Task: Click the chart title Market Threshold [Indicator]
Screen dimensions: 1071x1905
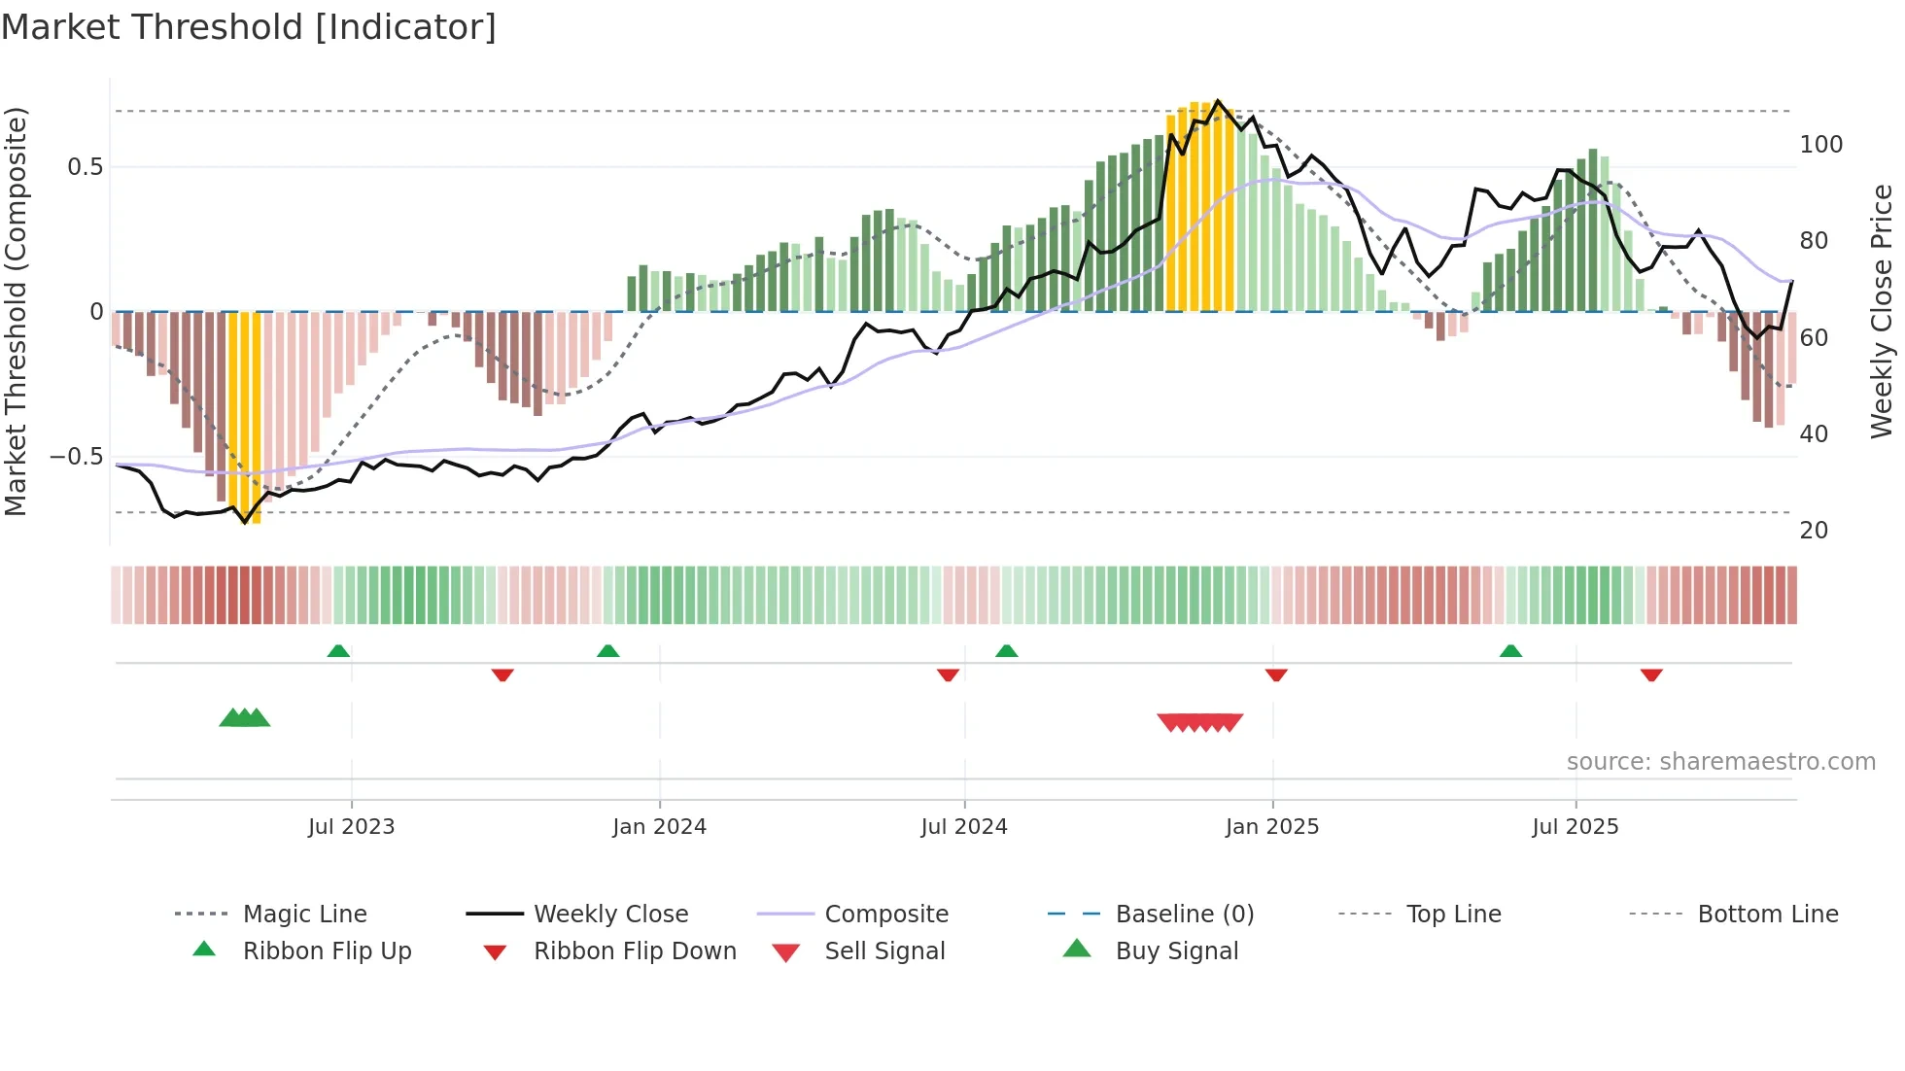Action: tap(249, 27)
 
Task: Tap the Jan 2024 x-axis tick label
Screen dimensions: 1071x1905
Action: tap(659, 827)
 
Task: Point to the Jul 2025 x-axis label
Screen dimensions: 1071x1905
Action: tap(1575, 827)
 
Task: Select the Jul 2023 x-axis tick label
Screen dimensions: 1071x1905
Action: tap(351, 827)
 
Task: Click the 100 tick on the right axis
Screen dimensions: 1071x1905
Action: tap(1820, 145)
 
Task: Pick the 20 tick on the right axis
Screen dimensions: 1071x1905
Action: tap(1814, 531)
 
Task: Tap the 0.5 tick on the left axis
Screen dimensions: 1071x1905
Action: tap(85, 167)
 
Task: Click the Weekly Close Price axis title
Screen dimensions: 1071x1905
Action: tap(1882, 311)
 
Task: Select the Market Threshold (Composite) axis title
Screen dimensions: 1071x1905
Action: tap(16, 311)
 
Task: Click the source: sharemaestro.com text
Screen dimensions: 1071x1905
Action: tap(1720, 762)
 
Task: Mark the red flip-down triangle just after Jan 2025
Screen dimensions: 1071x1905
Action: tap(1276, 674)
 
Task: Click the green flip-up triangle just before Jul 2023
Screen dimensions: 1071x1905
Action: tap(338, 651)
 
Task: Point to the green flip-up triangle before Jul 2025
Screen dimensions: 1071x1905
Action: tap(1510, 651)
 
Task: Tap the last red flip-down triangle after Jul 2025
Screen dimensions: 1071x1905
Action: tap(1651, 674)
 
